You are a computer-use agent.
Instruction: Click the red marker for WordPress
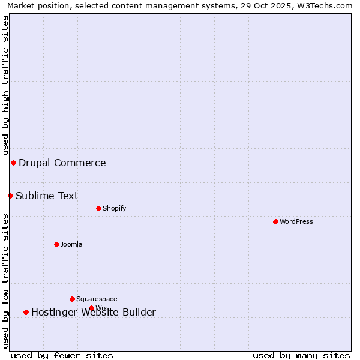tap(275, 221)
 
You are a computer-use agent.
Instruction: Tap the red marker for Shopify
tap(98, 208)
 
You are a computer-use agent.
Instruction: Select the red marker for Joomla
tap(56, 244)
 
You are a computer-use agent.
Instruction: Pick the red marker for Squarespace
tap(72, 299)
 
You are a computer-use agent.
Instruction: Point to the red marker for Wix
tap(91, 308)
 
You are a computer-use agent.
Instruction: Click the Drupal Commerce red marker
tap(13, 163)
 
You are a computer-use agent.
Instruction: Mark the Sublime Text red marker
tap(10, 196)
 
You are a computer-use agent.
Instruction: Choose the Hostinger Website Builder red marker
tap(26, 312)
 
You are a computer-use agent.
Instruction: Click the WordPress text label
tap(296, 221)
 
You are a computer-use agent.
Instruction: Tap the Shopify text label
tap(115, 208)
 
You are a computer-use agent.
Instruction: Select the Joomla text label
tap(71, 244)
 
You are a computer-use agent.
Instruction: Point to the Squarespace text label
tap(97, 299)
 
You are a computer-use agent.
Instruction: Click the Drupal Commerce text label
tap(62, 163)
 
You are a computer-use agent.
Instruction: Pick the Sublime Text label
tap(47, 196)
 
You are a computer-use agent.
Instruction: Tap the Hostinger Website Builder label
tap(94, 312)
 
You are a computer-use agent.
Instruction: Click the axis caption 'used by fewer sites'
tap(62, 355)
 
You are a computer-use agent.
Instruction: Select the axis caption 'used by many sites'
tap(301, 355)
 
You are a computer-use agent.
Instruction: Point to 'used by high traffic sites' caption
tap(5, 85)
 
